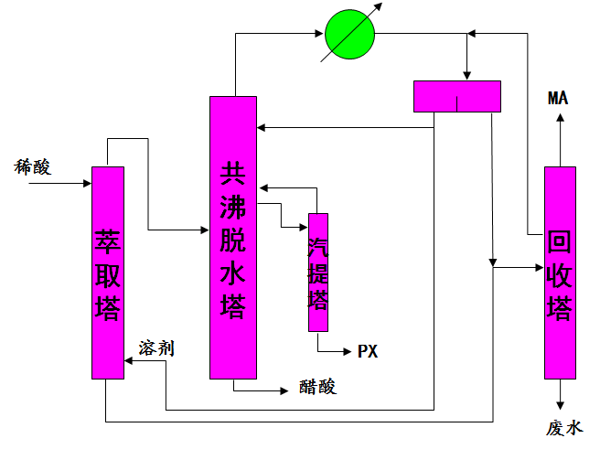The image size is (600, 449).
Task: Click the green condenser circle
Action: point(350,36)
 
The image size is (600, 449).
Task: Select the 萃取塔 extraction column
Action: point(108,273)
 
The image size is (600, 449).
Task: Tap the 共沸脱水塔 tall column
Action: point(233,238)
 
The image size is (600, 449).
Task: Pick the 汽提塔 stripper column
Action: point(317,273)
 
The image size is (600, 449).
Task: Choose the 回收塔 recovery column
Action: point(560,273)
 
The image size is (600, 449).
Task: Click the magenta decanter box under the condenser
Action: point(457,96)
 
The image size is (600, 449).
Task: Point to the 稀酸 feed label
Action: point(32,166)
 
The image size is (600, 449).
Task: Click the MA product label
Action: point(558,99)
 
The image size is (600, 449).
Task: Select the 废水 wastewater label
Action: point(564,428)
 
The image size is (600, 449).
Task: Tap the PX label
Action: point(368,351)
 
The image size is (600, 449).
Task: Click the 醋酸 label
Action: point(317,387)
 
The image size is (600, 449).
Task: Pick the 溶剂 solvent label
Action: point(156,347)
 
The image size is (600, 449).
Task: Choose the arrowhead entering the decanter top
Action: point(467,75)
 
